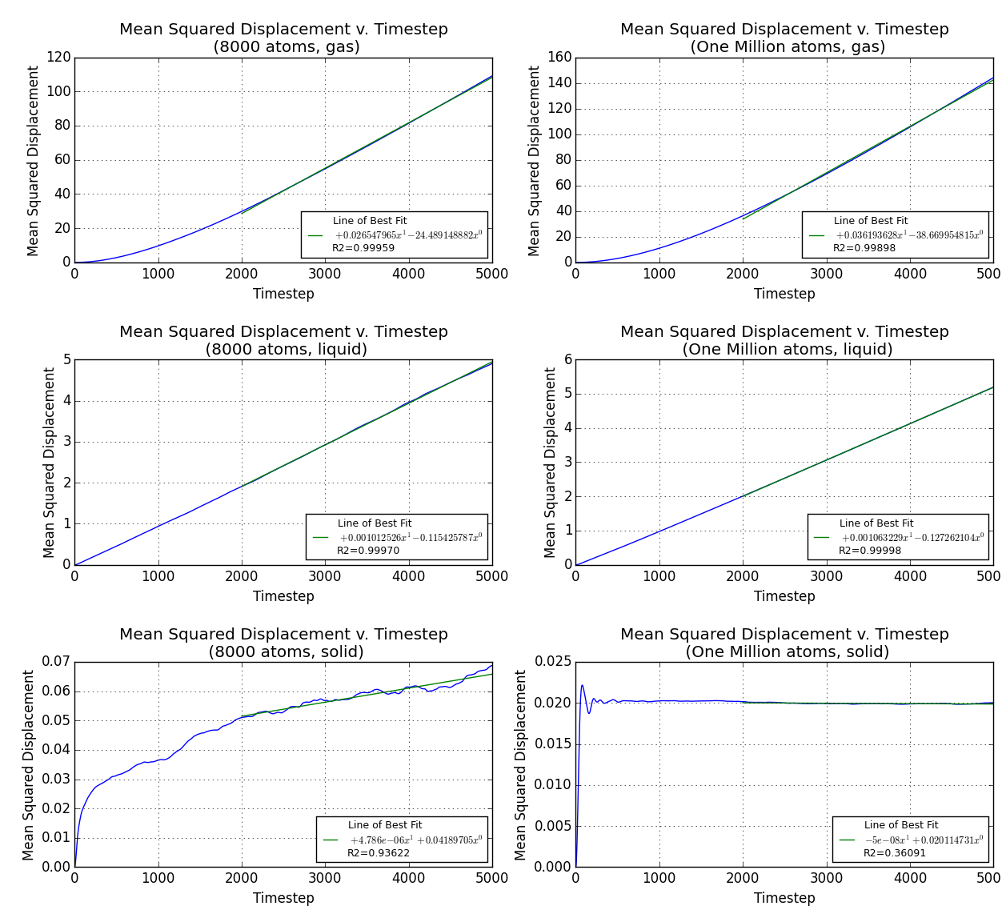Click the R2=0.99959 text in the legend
click(363, 248)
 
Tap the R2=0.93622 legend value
click(379, 853)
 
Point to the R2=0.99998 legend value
click(870, 551)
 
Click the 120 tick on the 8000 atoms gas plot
click(59, 58)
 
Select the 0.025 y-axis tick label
click(552, 662)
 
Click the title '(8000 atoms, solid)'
click(286, 652)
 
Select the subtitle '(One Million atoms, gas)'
click(788, 47)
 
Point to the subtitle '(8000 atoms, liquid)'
click(286, 350)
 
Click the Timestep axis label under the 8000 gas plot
click(283, 294)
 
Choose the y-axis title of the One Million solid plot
click(521, 764)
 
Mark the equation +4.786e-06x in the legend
click(415, 840)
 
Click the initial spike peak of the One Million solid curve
click(582, 685)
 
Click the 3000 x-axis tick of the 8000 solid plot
click(325, 877)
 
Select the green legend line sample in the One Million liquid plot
click(822, 538)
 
